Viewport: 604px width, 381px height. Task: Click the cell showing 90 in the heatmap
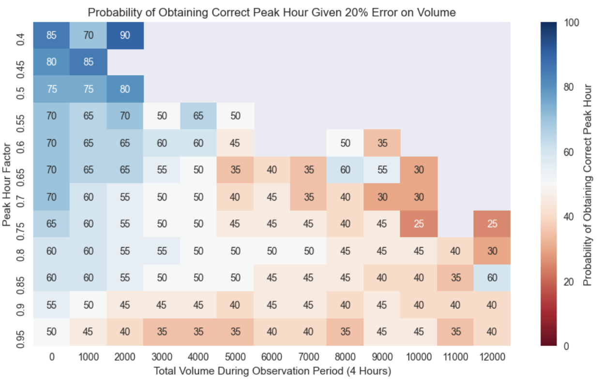(125, 35)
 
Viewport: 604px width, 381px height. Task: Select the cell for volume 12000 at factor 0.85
(492, 278)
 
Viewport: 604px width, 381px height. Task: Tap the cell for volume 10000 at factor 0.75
(419, 224)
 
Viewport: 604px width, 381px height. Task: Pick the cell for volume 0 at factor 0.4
(52, 35)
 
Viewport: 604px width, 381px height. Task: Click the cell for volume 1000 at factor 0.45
(89, 62)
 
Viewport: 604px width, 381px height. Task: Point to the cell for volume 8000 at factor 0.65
(345, 170)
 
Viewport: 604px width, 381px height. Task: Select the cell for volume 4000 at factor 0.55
(198, 117)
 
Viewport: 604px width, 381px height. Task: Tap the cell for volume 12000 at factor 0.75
(492, 224)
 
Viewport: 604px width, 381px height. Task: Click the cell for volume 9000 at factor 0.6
(382, 143)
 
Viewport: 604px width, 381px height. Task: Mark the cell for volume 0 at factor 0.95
(52, 332)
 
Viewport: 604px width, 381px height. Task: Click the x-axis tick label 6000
(272, 358)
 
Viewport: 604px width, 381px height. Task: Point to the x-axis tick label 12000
(492, 358)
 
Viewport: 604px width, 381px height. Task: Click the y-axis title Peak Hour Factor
(7, 184)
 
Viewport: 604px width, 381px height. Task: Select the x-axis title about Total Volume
(272, 371)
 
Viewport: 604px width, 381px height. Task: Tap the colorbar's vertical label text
(587, 184)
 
